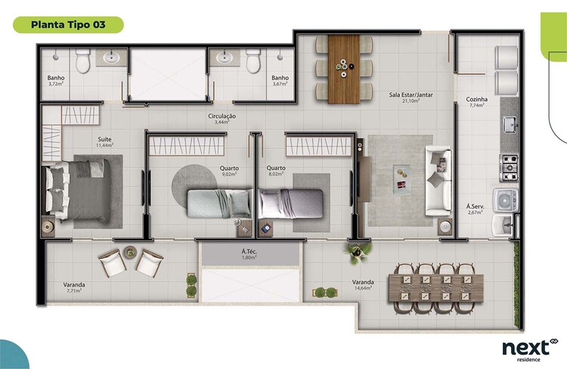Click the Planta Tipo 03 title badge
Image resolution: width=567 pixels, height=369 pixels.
point(68,25)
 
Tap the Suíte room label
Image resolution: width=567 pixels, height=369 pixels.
point(104,139)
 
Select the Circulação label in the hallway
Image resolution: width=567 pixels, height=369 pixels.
point(222,116)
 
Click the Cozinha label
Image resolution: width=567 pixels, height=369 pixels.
point(476,99)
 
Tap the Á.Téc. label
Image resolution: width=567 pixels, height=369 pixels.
point(249,252)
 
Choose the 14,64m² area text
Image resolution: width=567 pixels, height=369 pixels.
point(363,288)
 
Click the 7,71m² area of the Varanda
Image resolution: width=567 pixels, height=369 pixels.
point(74,290)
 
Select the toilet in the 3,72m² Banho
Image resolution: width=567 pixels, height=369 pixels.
point(83,60)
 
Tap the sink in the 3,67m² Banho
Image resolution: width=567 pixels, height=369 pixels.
point(225,57)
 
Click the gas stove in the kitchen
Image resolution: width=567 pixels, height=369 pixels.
point(509,168)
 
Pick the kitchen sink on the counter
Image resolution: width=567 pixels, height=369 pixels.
point(510,124)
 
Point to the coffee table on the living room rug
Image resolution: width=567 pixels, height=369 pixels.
point(401,178)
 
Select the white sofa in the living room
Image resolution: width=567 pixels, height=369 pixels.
point(438,181)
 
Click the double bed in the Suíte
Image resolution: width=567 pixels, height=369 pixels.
point(79,191)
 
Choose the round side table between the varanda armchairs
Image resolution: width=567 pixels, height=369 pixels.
point(130,252)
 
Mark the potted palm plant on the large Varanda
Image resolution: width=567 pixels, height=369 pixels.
point(357,251)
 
